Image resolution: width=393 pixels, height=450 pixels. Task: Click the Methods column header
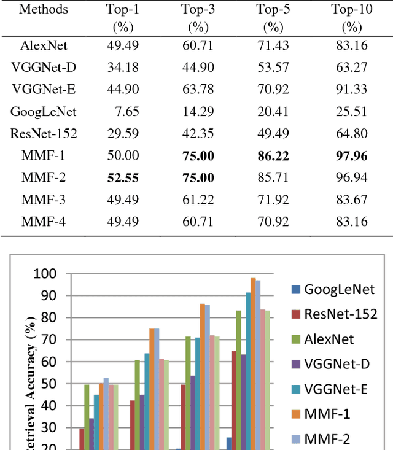pos(43,9)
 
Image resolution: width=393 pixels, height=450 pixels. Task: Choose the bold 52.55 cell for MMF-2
pos(123,178)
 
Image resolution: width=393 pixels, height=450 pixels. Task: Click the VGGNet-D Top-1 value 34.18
pos(123,68)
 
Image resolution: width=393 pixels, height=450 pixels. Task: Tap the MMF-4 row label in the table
pos(43,222)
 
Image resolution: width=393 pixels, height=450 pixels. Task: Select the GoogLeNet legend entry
pos(340,289)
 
